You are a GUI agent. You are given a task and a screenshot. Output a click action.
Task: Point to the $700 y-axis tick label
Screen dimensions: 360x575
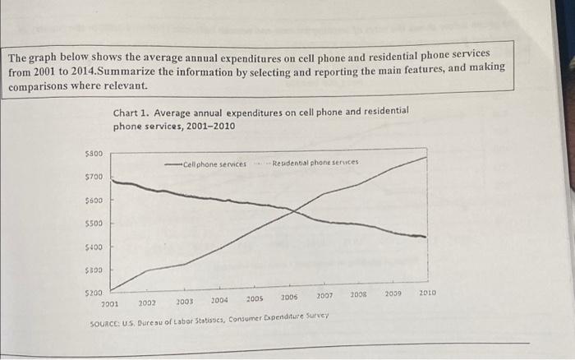tap(94, 177)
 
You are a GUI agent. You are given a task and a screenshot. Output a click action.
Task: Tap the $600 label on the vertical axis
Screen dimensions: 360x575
tap(94, 200)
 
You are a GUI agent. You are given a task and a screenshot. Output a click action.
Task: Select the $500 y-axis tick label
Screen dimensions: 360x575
tap(94, 223)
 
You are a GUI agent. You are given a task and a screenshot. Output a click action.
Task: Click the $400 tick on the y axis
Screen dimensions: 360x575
tap(94, 247)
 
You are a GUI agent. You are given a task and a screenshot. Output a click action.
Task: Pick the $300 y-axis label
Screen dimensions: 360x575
tap(94, 270)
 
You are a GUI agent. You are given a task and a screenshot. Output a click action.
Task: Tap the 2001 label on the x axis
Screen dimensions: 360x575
tap(109, 303)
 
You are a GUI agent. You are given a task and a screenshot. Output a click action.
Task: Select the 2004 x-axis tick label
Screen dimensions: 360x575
tap(219, 301)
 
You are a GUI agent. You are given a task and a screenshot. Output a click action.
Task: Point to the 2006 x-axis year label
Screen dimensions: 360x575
tap(289, 298)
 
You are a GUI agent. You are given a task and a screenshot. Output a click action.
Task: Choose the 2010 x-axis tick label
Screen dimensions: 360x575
tap(427, 292)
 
